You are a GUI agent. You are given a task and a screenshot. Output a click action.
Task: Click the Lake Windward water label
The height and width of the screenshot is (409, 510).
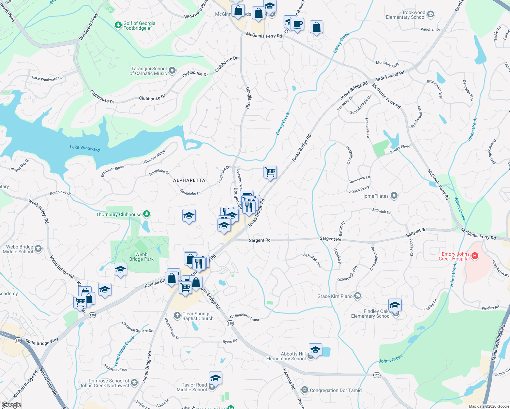pos(85,148)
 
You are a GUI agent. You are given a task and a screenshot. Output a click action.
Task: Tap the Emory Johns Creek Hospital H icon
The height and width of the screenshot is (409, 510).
pos(475,256)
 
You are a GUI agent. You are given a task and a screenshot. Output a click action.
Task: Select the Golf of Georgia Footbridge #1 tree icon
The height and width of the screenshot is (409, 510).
pos(118,25)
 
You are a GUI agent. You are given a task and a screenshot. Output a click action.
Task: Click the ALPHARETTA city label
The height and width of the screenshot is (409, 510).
pos(189,180)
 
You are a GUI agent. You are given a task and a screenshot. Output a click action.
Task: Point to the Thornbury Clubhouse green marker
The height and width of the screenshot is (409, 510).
pos(147,214)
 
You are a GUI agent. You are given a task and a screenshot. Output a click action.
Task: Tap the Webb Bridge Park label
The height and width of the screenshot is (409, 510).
pos(141,257)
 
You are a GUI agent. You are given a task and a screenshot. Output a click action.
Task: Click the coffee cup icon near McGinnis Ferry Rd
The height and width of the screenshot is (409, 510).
pos(297,25)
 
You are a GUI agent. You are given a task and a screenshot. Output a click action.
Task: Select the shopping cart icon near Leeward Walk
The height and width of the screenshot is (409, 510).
pos(270,172)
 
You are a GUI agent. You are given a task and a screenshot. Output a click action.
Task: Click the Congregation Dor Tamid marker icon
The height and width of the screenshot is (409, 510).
pos(304,390)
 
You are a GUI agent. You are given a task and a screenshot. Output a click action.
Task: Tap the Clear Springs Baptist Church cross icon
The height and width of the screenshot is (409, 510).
pos(177,316)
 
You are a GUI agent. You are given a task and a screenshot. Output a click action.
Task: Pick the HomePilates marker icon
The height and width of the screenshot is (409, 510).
pos(394,196)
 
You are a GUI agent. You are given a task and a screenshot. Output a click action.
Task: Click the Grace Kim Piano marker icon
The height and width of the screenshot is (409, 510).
pos(357,296)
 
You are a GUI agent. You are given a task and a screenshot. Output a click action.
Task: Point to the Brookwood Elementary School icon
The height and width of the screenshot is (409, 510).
pos(431,14)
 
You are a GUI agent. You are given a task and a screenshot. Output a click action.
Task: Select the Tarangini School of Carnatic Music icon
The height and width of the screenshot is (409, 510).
pos(172,71)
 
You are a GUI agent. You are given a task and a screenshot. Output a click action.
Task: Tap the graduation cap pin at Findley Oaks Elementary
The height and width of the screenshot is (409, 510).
pos(395,305)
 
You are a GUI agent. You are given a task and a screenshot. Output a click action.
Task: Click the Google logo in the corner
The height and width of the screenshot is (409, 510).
pos(11,405)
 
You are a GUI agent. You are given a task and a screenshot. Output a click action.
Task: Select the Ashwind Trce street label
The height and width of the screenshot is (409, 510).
pos(313,260)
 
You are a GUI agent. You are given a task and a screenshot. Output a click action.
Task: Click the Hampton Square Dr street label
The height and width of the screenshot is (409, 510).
pos(137,328)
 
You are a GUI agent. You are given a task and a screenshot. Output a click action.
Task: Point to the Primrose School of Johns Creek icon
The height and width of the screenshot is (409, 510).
pos(134,383)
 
